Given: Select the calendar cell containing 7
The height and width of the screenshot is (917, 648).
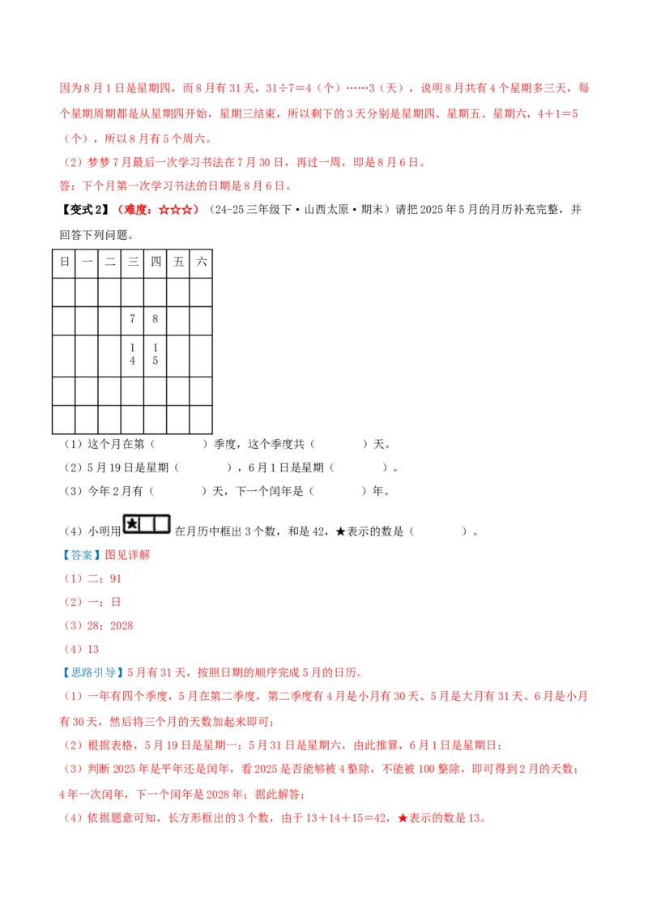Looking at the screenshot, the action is click(132, 321).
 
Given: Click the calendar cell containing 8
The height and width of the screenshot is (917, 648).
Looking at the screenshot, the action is click(155, 321).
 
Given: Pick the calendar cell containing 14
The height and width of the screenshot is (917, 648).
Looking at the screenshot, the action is click(132, 356).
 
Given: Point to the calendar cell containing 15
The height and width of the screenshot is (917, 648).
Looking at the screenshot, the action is click(155, 356).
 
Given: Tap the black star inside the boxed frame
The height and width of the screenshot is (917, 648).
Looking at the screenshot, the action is click(132, 524).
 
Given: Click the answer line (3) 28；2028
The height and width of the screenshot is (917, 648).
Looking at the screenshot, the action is click(98, 625).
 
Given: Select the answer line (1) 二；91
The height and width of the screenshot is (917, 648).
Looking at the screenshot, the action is click(92, 579).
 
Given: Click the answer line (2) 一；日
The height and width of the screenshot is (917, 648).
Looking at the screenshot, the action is click(92, 603).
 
